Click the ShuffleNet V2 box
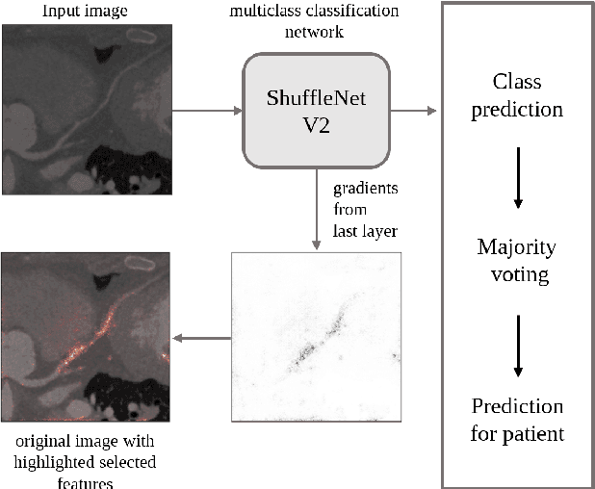(316, 111)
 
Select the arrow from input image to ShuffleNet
(207, 111)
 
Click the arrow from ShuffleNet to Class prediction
(415, 111)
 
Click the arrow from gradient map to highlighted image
(201, 338)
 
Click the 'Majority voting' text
(517, 260)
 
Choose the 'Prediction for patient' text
(517, 419)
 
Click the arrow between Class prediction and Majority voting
(518, 177)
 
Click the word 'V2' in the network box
(316, 125)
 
